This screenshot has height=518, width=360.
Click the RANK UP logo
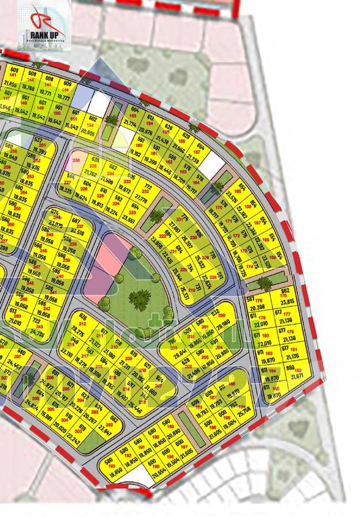(45, 25)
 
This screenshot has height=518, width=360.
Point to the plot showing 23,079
(56, 223)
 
